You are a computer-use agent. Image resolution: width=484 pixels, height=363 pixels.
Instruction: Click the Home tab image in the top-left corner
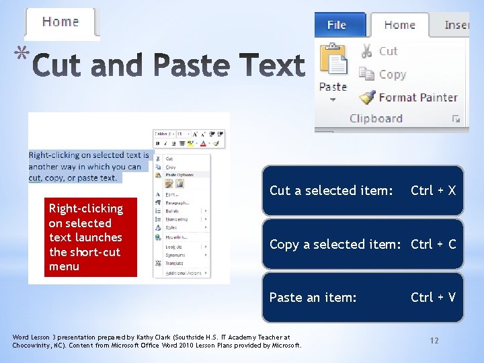(61, 22)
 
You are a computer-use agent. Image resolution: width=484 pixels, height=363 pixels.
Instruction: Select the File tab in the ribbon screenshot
(336, 25)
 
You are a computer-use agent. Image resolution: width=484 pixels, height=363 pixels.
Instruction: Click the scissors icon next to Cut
(366, 50)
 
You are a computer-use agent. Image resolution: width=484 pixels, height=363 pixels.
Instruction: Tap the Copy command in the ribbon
(392, 74)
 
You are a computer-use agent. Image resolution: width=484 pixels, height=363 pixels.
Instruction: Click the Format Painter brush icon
(366, 97)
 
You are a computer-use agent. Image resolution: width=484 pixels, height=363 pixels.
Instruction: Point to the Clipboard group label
(376, 118)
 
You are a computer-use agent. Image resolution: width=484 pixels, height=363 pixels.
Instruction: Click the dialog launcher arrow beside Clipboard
(456, 119)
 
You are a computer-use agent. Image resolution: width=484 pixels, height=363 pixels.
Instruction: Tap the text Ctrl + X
(433, 190)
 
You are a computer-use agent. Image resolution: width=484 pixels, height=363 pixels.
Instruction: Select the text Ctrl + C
(433, 244)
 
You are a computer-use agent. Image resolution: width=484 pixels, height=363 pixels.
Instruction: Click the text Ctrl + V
(433, 297)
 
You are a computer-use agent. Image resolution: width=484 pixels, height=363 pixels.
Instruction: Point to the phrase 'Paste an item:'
(313, 297)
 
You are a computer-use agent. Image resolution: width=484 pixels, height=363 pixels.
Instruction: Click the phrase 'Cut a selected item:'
(331, 190)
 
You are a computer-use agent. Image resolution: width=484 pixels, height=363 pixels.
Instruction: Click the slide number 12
(434, 341)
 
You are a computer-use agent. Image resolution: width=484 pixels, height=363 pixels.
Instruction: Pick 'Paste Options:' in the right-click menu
(179, 175)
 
